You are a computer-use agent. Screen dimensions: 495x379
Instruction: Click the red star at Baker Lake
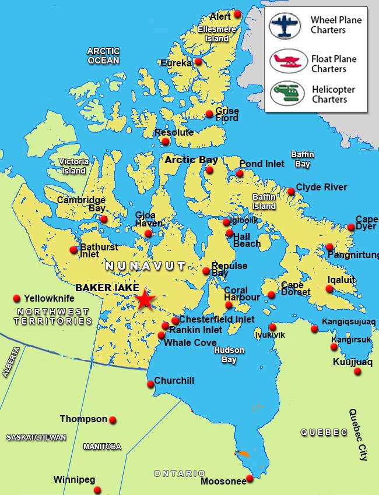click(x=145, y=299)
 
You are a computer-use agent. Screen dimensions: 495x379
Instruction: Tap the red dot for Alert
click(x=237, y=15)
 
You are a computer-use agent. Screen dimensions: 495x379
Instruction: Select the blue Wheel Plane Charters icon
click(x=285, y=26)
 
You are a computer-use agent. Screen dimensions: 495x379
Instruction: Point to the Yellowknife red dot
click(x=16, y=299)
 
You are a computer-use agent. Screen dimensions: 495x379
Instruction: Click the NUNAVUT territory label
click(x=145, y=266)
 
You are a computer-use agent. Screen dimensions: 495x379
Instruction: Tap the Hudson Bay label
click(x=229, y=355)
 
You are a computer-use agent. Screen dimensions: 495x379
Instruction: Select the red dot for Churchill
click(x=150, y=384)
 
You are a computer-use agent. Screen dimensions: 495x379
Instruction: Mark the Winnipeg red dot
click(x=97, y=490)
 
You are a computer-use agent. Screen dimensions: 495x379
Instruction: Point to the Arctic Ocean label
click(x=103, y=56)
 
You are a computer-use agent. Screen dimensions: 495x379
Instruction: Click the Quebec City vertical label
click(x=358, y=434)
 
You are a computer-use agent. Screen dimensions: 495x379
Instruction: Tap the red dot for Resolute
click(x=166, y=142)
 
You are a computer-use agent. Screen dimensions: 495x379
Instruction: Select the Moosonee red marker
click(x=250, y=479)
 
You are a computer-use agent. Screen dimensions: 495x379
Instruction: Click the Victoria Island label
click(x=74, y=166)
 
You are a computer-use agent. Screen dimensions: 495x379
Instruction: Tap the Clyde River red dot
click(x=291, y=192)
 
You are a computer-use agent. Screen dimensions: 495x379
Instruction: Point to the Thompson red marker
click(x=113, y=420)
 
